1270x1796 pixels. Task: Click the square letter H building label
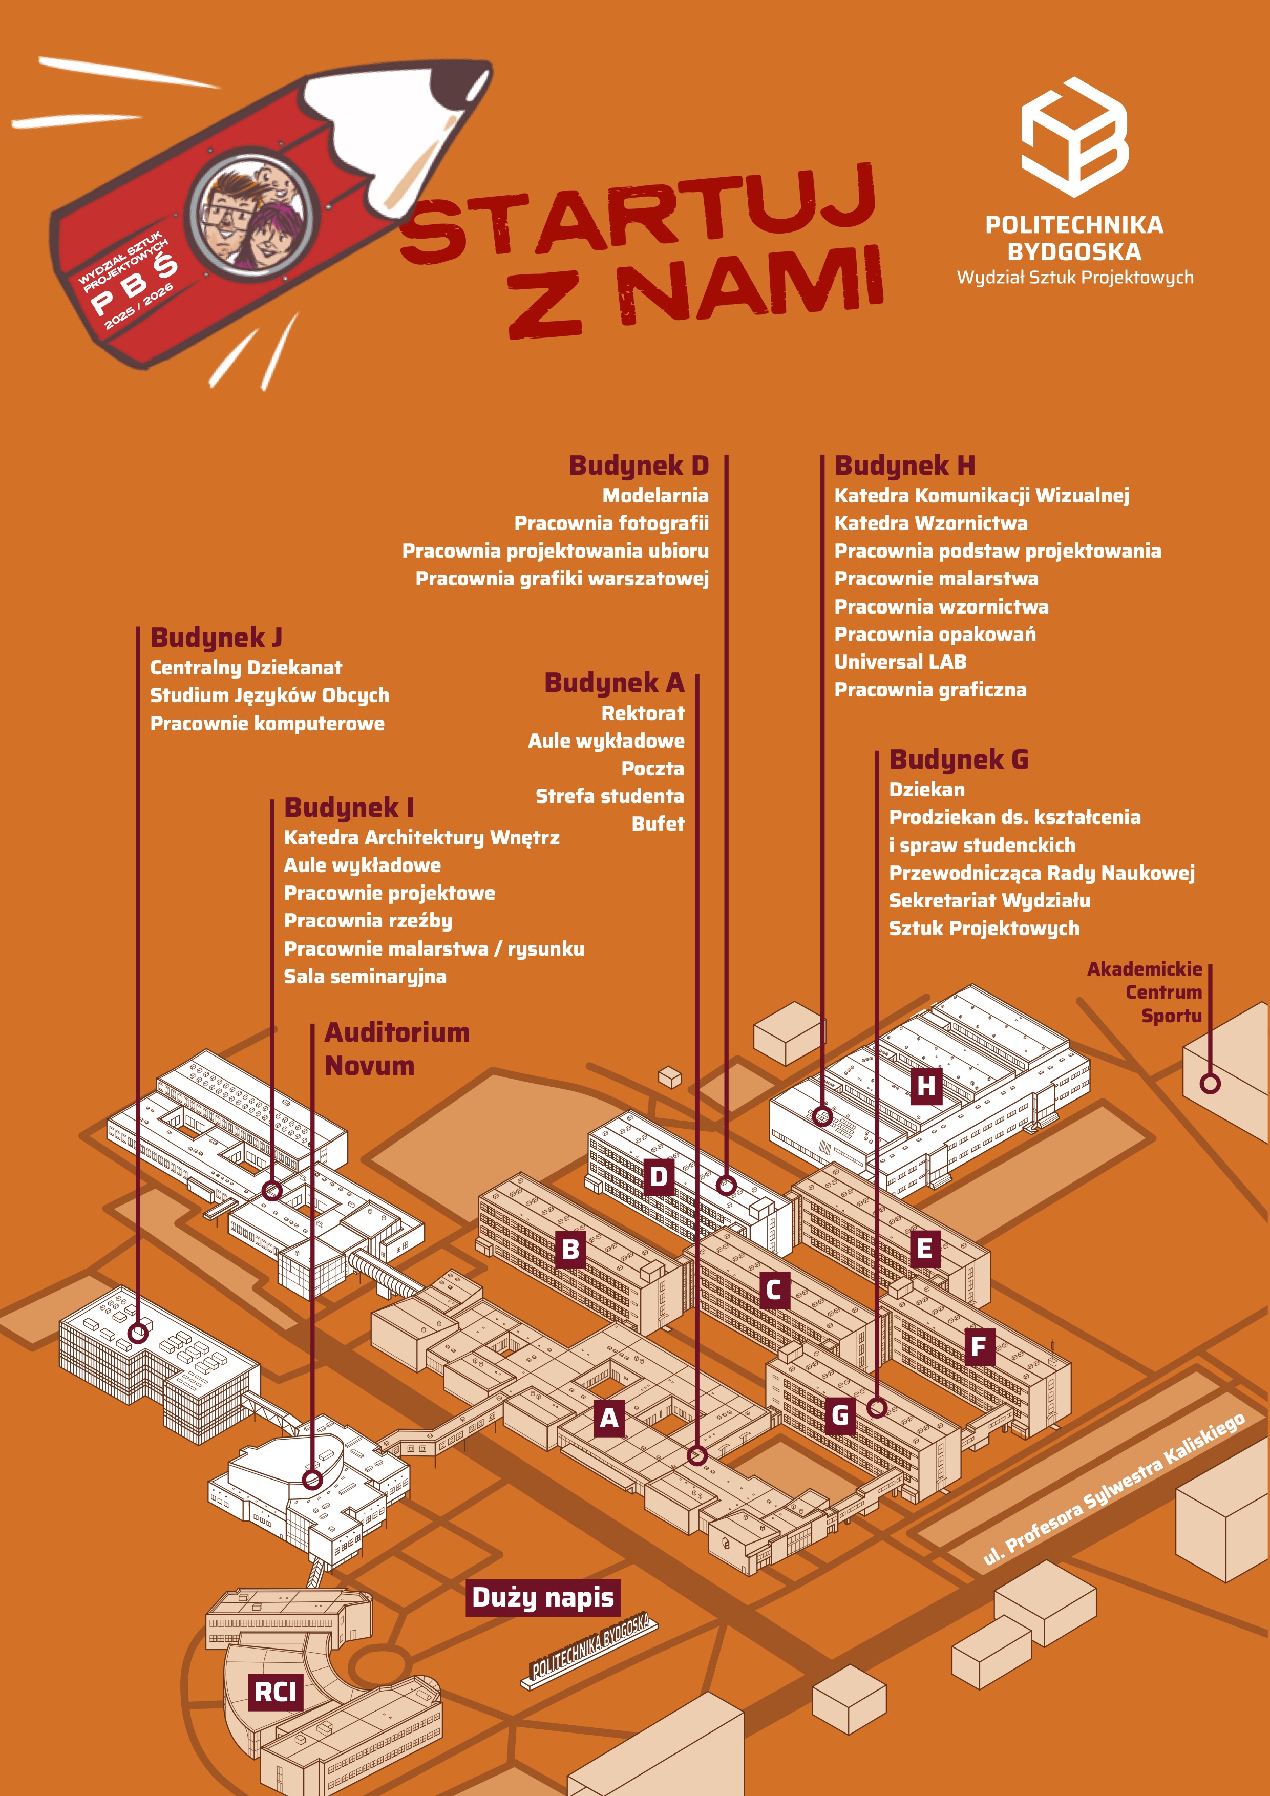pos(926,1086)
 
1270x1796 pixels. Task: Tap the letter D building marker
pos(659,1176)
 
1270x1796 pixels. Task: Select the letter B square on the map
pos(571,1249)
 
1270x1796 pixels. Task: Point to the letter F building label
pos(978,1347)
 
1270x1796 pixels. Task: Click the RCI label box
pos(276,1692)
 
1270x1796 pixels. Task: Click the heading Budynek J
pos(216,638)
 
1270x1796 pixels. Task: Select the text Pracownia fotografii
pos(611,523)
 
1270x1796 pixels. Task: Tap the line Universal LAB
pos(900,662)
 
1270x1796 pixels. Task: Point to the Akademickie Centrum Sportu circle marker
pos(1210,1084)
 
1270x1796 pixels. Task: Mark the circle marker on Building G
pos(877,1408)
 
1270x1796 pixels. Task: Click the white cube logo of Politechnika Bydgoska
pos(1074,137)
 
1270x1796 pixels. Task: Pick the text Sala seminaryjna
pos(365,976)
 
